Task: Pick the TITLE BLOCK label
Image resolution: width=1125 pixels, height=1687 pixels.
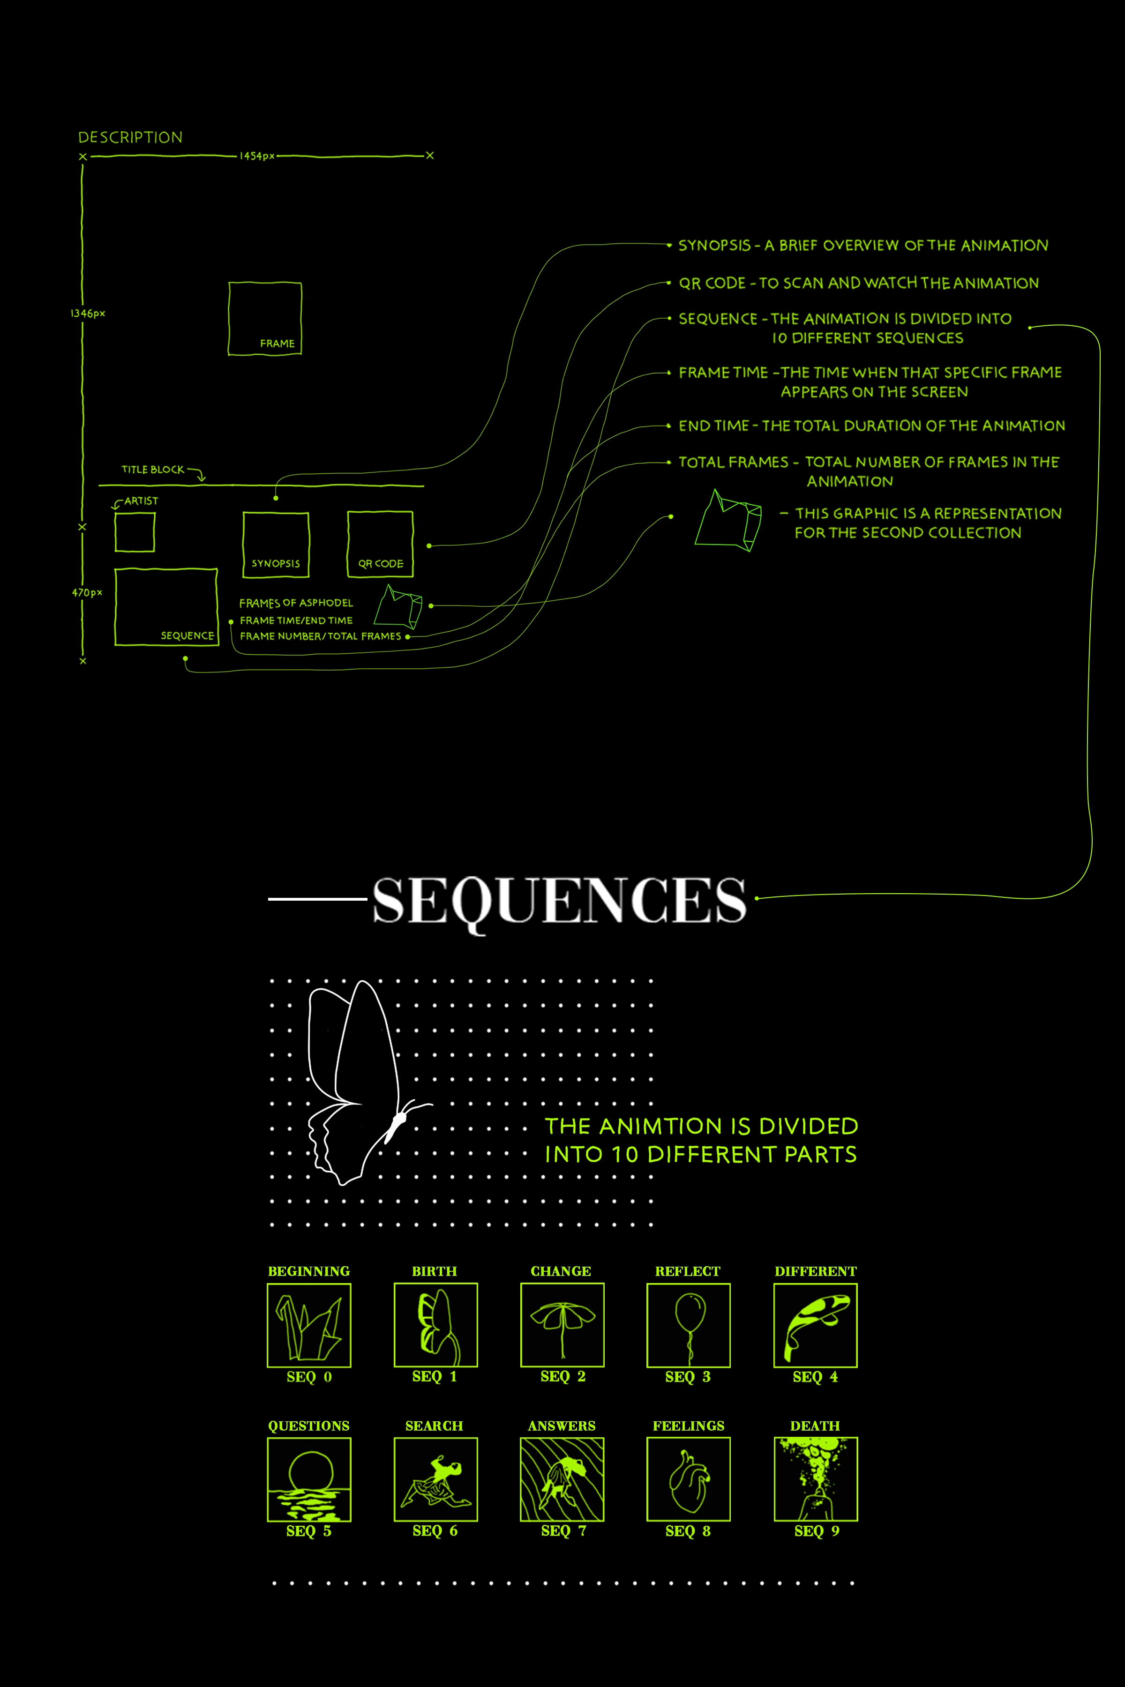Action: point(153,470)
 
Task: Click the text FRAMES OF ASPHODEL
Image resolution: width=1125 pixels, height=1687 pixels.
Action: point(296,603)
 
